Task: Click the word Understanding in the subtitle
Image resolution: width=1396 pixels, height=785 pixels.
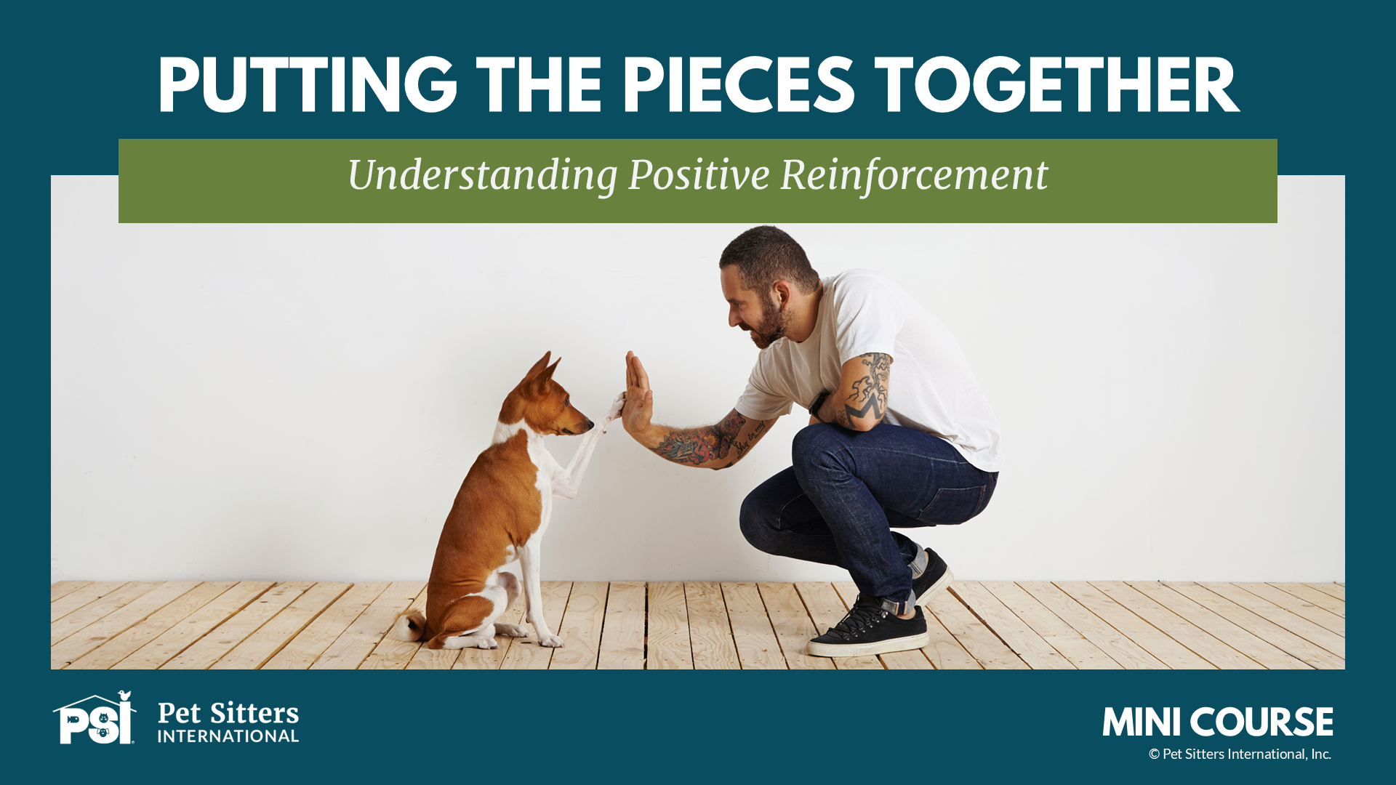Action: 482,176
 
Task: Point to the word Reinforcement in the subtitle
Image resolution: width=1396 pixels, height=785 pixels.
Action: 914,176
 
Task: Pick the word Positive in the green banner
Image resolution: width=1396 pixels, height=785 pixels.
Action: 699,176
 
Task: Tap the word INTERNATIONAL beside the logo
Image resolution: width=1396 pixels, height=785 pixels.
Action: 228,736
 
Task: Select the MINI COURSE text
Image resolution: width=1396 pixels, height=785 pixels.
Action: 1218,722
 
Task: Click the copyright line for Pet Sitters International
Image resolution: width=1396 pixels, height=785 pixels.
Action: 1240,754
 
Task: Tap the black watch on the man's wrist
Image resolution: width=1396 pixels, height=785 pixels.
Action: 819,402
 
